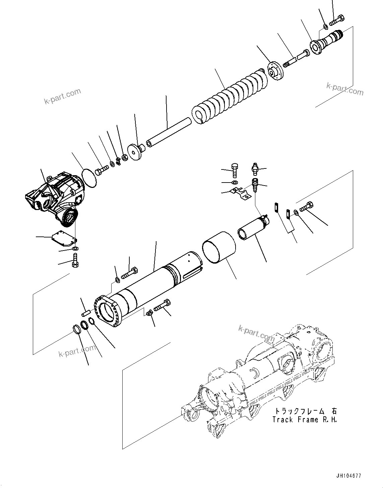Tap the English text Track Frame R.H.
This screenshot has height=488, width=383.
coord(304,420)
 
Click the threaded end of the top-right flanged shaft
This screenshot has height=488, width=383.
coord(338,34)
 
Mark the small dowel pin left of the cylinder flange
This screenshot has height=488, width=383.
coord(86,312)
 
